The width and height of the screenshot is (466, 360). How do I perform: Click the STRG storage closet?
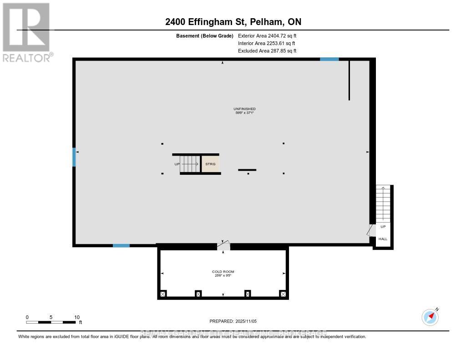tap(211, 164)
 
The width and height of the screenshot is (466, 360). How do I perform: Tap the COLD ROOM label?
tap(223, 272)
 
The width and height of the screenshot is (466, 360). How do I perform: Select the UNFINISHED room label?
tap(244, 109)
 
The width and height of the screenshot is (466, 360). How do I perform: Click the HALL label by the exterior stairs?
tap(383, 239)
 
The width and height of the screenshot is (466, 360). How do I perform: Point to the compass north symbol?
tap(431, 316)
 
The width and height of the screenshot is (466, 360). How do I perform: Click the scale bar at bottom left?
tap(51, 322)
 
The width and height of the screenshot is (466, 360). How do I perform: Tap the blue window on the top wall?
tap(329, 59)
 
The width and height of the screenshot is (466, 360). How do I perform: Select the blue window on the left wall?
tap(74, 157)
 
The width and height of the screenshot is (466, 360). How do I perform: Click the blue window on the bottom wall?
tap(121, 246)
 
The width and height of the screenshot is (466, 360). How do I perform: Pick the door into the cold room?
tap(223, 245)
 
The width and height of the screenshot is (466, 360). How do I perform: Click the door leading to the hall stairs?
tap(371, 230)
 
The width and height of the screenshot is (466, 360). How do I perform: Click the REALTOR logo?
tap(26, 32)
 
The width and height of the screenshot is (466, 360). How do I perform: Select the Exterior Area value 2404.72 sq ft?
tap(267, 35)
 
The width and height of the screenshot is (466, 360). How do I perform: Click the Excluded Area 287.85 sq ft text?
tap(267, 51)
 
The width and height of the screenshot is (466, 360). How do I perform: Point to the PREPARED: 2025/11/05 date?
tap(233, 321)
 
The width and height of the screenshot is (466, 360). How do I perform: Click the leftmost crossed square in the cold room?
tap(163, 294)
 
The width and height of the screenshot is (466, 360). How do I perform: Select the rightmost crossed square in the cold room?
tap(283, 294)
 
